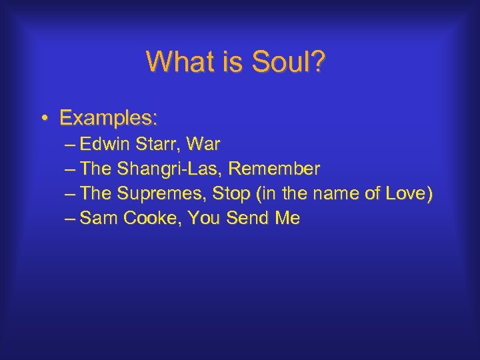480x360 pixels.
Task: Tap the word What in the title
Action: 176,62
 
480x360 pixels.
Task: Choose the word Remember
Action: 273,169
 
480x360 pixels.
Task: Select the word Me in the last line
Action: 287,218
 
